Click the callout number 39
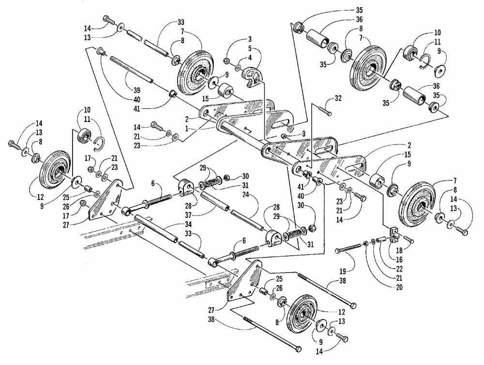click(x=137, y=90)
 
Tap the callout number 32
click(x=338, y=98)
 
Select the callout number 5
click(x=250, y=48)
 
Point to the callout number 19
click(x=343, y=272)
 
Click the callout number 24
click(x=255, y=195)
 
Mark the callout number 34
click(x=187, y=224)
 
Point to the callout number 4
click(x=250, y=58)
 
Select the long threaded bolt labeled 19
click(x=348, y=249)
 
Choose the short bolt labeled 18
click(x=408, y=240)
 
